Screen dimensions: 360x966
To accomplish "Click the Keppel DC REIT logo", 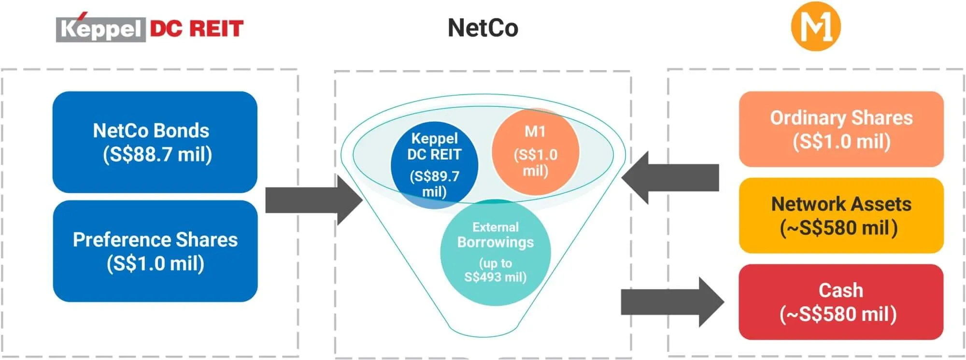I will coord(150,29).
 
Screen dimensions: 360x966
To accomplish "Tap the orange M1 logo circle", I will coord(816,27).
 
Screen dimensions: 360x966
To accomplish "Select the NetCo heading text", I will coord(483,28).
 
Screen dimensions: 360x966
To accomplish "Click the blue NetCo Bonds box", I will coord(155,142).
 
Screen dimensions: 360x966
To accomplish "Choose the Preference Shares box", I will coord(155,251).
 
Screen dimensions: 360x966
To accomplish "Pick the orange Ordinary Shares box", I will coord(841,129).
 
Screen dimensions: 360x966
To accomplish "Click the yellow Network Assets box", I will coord(841,216).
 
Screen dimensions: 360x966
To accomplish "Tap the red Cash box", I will coord(840,302).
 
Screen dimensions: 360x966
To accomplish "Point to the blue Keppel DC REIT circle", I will coord(434,164).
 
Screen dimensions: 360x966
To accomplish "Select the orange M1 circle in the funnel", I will coord(535,151).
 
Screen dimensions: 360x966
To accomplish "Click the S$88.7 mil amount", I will coord(157,155).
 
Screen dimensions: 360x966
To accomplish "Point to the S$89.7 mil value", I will coord(434,184).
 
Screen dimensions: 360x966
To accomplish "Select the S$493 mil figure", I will coord(495,277).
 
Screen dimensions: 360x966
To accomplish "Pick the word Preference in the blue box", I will coord(121,240).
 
